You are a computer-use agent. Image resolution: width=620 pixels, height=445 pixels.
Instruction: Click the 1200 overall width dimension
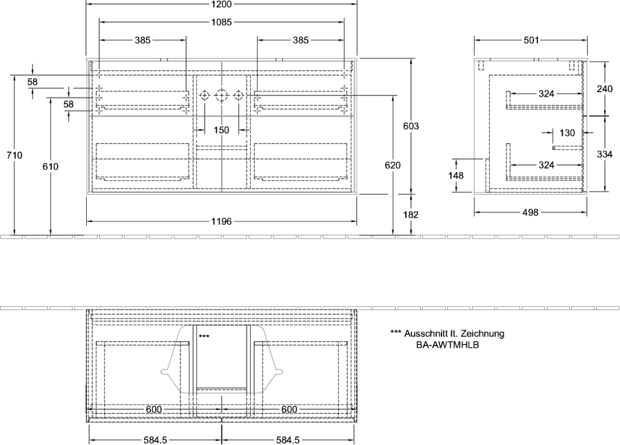point(221,4)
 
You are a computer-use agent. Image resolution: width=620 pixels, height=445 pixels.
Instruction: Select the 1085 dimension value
point(221,23)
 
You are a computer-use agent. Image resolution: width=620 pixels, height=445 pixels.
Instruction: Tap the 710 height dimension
point(14,155)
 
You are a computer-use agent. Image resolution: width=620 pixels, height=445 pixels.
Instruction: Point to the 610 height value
point(50,166)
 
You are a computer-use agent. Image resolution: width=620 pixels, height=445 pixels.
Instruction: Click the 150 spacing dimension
point(221,130)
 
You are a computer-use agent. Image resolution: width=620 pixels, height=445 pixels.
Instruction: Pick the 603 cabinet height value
point(411,127)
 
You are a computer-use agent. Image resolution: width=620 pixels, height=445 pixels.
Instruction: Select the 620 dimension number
point(393,166)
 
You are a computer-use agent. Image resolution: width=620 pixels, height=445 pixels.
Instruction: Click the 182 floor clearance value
point(411,215)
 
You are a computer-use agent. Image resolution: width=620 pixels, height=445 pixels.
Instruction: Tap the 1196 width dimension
point(221,221)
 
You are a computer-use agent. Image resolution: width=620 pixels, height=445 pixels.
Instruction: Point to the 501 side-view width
point(531,40)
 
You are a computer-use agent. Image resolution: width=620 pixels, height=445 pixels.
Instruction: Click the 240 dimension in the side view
point(605,89)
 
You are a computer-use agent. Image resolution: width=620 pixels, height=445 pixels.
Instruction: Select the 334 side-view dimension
point(605,154)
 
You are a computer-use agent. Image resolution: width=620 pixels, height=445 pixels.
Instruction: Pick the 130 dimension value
point(567,133)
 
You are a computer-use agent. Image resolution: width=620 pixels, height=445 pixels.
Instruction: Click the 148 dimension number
point(456,175)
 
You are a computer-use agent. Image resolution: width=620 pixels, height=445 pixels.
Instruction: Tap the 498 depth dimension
point(530,213)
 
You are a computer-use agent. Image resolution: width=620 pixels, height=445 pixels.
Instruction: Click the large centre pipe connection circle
point(221,95)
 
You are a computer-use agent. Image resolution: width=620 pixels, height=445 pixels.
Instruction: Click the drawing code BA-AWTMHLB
point(448,345)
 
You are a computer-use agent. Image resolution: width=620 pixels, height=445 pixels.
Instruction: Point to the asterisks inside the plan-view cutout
point(204,336)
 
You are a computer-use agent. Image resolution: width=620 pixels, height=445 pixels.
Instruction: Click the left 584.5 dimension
point(156,440)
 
